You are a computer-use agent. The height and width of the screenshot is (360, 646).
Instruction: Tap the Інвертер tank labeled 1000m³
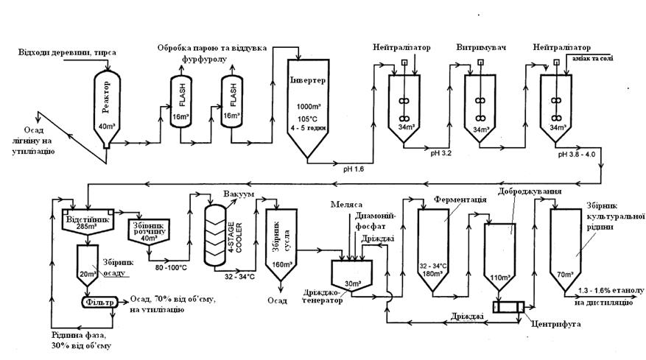coord(309,103)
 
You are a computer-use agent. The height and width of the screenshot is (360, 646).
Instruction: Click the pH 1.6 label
coord(354,169)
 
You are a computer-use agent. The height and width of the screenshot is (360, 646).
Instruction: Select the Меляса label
coord(345,204)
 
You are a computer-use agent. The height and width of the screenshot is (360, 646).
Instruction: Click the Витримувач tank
coord(480,103)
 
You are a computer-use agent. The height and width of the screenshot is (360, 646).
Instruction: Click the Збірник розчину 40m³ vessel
coord(150,230)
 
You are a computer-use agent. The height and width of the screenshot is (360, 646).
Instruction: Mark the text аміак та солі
coord(589,58)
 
